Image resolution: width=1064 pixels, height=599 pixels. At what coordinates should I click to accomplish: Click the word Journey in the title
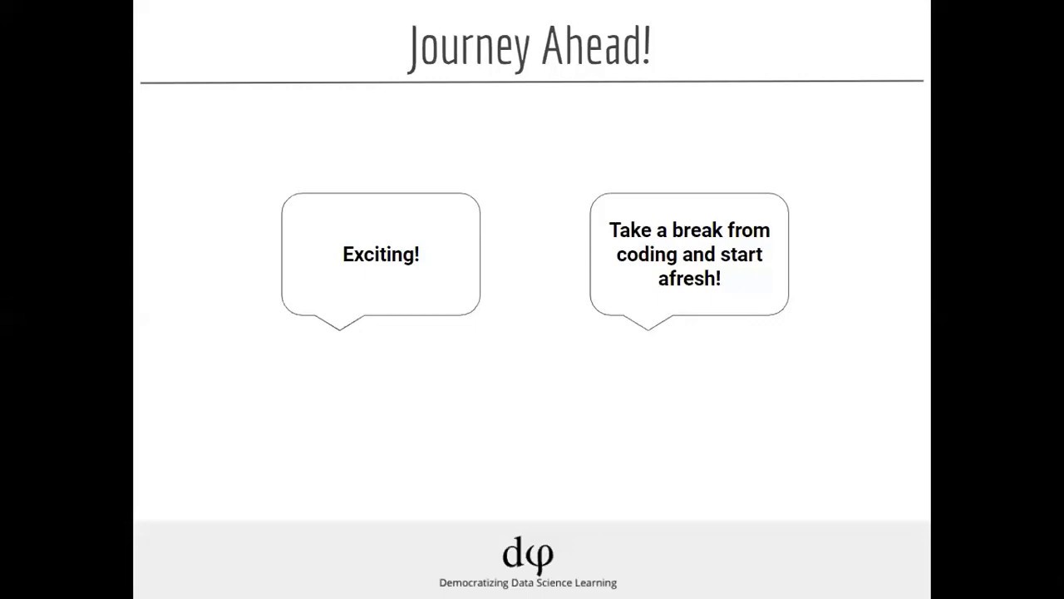click(470, 48)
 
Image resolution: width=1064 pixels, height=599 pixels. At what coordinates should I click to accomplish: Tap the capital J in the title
click(415, 48)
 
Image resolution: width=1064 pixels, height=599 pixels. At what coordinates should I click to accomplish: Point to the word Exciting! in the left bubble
click(381, 255)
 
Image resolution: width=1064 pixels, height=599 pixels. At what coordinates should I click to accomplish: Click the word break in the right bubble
click(697, 230)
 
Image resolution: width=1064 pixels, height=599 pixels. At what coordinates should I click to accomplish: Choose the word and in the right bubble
click(700, 255)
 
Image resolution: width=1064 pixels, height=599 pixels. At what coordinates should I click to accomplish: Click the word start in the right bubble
click(741, 255)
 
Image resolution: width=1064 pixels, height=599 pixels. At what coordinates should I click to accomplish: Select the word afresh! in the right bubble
click(689, 279)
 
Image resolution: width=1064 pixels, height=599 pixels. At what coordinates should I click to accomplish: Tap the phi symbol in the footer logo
click(540, 556)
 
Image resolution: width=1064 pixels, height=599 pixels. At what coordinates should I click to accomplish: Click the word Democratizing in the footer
click(473, 583)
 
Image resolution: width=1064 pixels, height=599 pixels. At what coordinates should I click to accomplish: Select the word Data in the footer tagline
click(523, 583)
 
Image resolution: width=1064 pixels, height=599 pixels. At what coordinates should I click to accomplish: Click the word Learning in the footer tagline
click(597, 583)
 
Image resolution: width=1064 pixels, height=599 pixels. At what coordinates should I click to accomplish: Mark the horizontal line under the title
click(532, 82)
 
